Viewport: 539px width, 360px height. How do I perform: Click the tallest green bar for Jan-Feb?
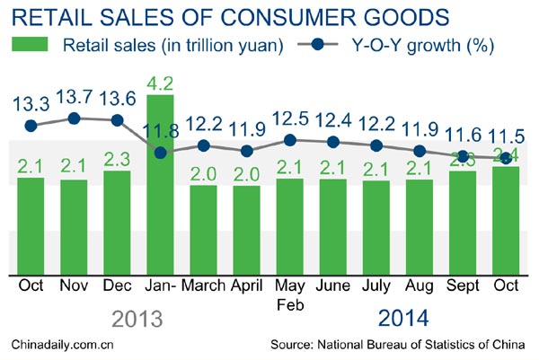point(161,189)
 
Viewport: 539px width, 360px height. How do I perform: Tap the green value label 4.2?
point(161,83)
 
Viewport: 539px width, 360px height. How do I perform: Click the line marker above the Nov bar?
point(75,118)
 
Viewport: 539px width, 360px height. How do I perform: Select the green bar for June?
point(332,224)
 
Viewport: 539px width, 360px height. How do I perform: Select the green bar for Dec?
point(118,220)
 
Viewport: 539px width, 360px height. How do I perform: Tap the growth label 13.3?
point(31,104)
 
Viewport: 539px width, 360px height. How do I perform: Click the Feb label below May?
point(290,305)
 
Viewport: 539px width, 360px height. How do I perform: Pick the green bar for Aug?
point(420,224)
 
